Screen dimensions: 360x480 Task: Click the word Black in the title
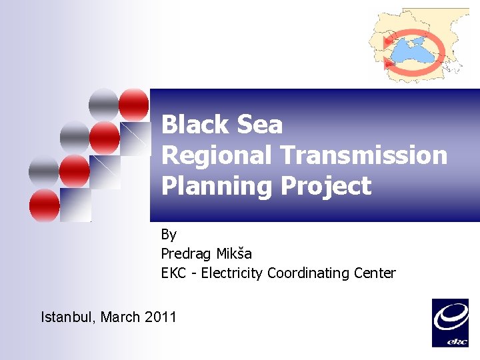[x=193, y=125]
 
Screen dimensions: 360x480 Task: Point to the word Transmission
[x=364, y=155]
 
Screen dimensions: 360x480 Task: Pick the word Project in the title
[x=325, y=186]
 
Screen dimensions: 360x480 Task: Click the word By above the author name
[x=169, y=234]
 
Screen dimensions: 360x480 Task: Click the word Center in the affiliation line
[x=376, y=273]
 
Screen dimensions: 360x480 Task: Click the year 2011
[x=161, y=317]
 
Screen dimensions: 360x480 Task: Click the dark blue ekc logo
[x=451, y=323]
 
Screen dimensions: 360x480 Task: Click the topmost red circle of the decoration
[x=134, y=103]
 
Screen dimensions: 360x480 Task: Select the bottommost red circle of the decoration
[x=44, y=205]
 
